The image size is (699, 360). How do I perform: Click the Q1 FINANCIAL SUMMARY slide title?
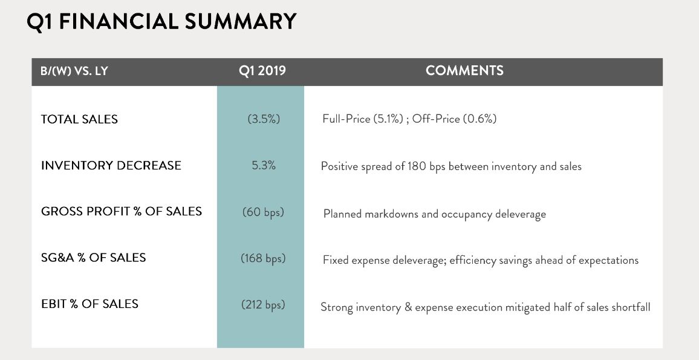click(x=161, y=21)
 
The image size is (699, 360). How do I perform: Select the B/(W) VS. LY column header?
click(x=74, y=71)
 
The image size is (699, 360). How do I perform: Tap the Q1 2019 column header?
click(x=262, y=71)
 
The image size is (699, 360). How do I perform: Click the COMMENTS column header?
click(x=464, y=70)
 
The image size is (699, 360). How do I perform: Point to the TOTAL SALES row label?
click(x=79, y=119)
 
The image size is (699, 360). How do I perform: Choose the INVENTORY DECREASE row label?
click(x=111, y=166)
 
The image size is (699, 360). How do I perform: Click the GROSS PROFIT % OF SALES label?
click(x=122, y=211)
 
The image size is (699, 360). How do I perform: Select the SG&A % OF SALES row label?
click(x=93, y=257)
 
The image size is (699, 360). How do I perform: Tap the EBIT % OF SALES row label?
click(x=89, y=304)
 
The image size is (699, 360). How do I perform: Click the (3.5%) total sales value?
click(x=264, y=119)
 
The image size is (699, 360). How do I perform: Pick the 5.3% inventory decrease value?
click(x=264, y=166)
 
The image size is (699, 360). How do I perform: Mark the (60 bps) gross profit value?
click(x=263, y=212)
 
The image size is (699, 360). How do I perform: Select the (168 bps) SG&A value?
click(x=263, y=258)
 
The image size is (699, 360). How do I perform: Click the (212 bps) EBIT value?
click(x=263, y=305)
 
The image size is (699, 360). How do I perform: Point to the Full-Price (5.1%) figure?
click(x=363, y=119)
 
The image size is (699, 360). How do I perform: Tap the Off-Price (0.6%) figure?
click(x=454, y=119)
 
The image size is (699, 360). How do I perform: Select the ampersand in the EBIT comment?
click(x=408, y=307)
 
